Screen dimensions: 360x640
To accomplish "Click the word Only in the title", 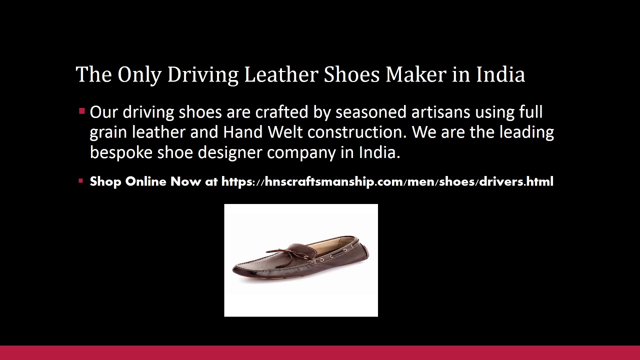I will click(139, 74).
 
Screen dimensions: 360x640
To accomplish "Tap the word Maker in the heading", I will click(415, 74).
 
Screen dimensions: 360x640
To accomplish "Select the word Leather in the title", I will click(281, 74).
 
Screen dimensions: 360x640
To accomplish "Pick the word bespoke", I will click(121, 152).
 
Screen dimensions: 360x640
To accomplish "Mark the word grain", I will click(108, 133).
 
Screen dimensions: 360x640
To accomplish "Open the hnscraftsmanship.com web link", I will click(387, 181).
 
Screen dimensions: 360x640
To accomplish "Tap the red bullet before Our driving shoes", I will click(81, 111).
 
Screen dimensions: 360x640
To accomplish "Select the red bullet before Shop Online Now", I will click(81, 181).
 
